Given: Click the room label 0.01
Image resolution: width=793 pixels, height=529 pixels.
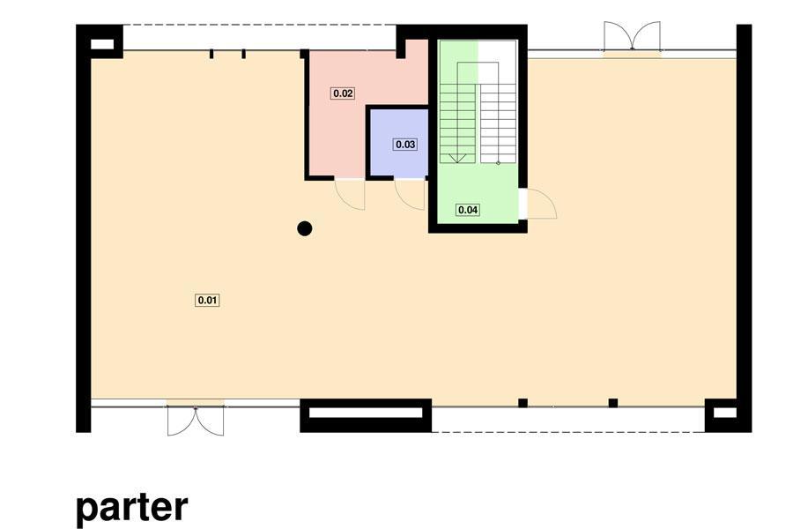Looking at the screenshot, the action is click(207, 300).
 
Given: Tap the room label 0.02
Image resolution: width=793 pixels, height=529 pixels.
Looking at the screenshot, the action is click(343, 93).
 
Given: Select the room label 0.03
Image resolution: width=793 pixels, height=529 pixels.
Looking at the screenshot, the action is click(405, 145).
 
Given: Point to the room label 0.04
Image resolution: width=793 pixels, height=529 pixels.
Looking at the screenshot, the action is click(467, 210).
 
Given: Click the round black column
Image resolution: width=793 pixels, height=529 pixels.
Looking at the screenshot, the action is click(305, 229).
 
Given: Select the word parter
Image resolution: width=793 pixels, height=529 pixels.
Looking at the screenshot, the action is click(132, 508).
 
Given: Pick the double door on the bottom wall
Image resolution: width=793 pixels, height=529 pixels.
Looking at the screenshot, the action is click(196, 421).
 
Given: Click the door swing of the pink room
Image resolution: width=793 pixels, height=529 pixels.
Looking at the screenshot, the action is click(350, 195).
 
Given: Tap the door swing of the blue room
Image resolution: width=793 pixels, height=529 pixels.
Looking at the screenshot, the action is click(410, 195).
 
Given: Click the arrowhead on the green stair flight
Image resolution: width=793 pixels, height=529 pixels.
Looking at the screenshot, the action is click(457, 159).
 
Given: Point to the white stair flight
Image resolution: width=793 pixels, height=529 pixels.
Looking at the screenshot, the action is click(498, 123).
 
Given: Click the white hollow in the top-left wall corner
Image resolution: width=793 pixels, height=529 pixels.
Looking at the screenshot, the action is click(102, 44).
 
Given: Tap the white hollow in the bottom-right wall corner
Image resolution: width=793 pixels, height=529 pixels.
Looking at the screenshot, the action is click(725, 414).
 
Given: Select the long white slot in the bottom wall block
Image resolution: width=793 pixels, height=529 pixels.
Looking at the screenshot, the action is click(365, 414).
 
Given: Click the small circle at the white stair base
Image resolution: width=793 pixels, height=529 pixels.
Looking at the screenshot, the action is click(498, 162).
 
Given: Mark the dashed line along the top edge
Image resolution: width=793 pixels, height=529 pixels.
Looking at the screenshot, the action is click(259, 25).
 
